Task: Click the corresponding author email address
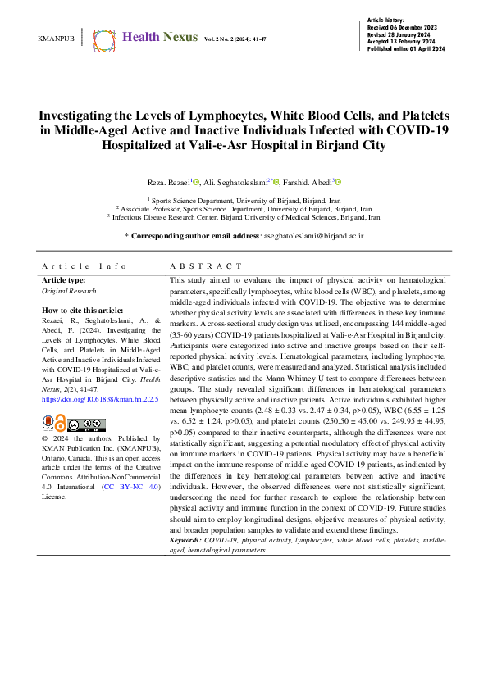[x=312, y=235]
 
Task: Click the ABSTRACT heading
[x=206, y=266]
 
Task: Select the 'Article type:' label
[x=68, y=280]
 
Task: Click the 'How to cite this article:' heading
[x=82, y=311]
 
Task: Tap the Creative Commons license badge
[x=87, y=424]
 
